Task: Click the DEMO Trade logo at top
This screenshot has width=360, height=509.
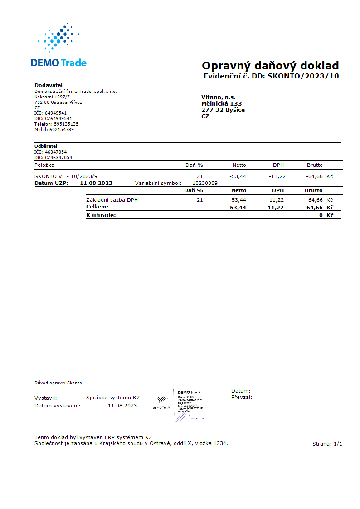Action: click(58, 45)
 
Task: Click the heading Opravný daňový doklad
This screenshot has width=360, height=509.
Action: click(270, 65)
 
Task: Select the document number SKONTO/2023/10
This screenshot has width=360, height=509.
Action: click(303, 76)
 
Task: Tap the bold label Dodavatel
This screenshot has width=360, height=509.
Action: click(49, 85)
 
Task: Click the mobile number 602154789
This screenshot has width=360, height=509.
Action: click(62, 130)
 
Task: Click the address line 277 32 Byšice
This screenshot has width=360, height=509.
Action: click(223, 110)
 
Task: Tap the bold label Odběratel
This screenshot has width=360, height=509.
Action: click(46, 146)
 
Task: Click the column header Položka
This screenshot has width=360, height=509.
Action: click(44, 165)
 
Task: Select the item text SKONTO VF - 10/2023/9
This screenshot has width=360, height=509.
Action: click(66, 176)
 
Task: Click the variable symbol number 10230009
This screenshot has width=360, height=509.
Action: click(205, 184)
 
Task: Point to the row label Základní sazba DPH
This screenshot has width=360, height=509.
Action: click(112, 200)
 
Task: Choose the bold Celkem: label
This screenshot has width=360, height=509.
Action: click(97, 207)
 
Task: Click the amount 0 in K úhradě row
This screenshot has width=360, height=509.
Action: click(321, 215)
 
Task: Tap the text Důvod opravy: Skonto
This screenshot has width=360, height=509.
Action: click(58, 383)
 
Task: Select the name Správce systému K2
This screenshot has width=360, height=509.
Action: click(113, 398)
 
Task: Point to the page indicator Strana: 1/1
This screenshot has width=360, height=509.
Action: click(327, 444)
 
